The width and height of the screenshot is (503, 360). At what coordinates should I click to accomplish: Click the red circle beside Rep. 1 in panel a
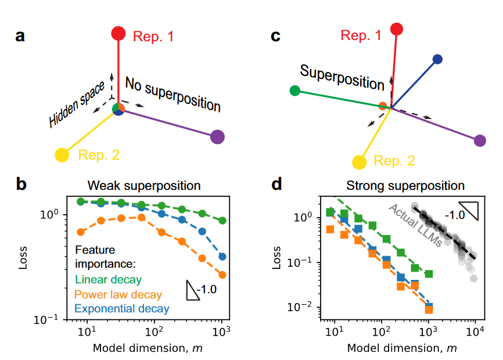pos(118,34)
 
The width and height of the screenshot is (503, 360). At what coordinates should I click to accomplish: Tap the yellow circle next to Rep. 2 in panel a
pos(62,155)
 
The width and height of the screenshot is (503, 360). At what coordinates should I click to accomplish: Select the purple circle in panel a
pos(217,137)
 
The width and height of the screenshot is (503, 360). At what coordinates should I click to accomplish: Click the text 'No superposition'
pos(173,94)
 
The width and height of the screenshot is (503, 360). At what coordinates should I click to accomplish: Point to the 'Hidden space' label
pos(76,105)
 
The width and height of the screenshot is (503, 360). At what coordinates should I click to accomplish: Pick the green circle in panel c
pos(295,90)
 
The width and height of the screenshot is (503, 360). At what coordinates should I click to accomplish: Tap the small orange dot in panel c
pos(382,106)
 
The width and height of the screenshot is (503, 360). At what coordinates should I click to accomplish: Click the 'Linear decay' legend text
pos(109,280)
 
